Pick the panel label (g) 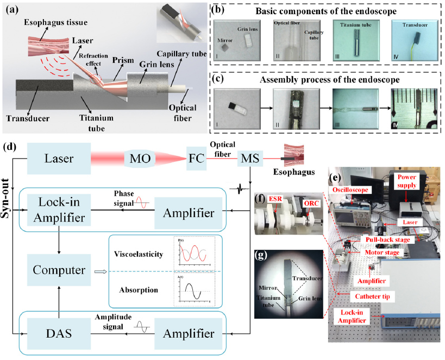262,254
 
